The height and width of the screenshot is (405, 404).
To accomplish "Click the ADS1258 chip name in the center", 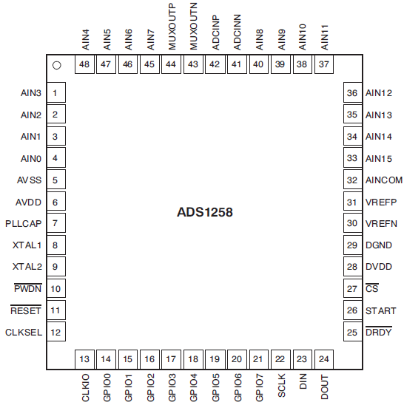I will tap(205, 212).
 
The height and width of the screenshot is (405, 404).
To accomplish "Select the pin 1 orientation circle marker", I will tap(56, 65).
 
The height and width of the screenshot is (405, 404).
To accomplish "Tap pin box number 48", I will tap(84, 65).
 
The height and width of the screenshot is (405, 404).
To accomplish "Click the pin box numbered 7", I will tap(55, 223).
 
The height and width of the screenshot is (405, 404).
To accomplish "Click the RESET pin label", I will tap(26, 310).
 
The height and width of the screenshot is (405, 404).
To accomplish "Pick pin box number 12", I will tap(55, 332).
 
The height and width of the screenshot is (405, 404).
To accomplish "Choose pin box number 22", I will tap(280, 359).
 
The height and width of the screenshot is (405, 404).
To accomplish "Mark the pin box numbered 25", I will tap(352, 333).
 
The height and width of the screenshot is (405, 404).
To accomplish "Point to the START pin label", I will tap(380, 310).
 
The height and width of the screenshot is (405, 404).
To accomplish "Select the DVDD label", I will tap(378, 267).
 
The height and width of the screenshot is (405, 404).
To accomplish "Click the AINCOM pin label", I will tap(383, 180).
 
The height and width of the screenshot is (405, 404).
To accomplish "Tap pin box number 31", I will tap(352, 202).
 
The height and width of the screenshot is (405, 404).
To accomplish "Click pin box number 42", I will tap(215, 65).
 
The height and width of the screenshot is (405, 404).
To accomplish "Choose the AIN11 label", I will tap(323, 36).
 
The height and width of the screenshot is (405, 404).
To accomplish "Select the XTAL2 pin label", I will tap(28, 267).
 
